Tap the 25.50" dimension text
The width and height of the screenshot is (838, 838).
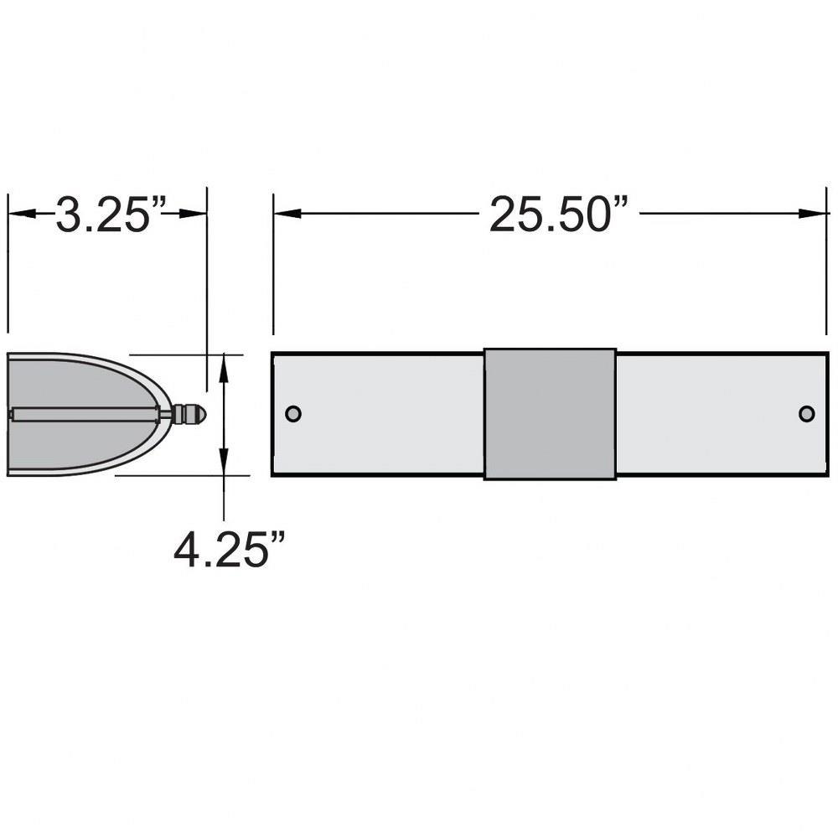pos(559,215)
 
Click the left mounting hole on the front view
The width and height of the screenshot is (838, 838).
pos(293,414)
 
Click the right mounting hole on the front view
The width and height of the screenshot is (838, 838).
pos(806,414)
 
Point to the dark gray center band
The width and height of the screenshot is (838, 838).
pos(550,414)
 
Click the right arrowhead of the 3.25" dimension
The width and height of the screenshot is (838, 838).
pos(193,213)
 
